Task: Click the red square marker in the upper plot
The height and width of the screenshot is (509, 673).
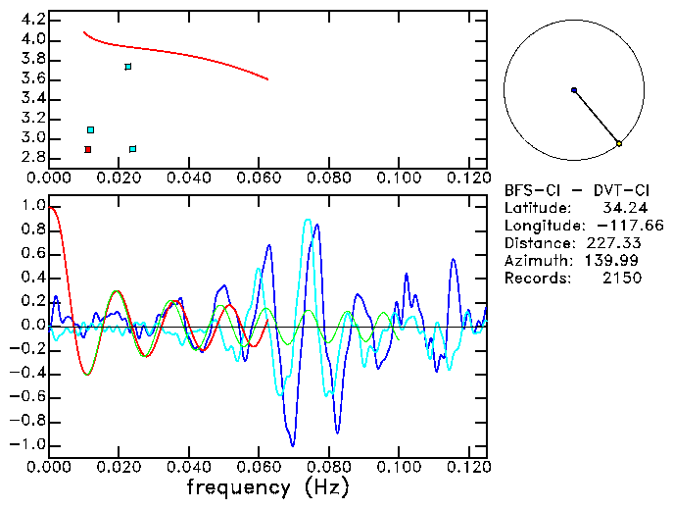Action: coord(88,149)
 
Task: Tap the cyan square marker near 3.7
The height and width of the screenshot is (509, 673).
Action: coord(128,67)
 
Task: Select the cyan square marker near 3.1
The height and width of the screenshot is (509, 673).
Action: coord(91,129)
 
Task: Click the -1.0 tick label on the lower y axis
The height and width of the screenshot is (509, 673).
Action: coord(27,444)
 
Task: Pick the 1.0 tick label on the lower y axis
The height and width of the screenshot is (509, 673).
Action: coord(32,207)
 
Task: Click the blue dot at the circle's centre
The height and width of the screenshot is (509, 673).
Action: coord(574,90)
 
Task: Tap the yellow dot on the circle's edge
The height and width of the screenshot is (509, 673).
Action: coord(619,144)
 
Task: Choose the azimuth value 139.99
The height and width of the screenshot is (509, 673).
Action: coord(617,261)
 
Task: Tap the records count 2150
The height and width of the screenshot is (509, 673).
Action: coord(622,279)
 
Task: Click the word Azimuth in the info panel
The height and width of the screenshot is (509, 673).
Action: coord(535,261)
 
